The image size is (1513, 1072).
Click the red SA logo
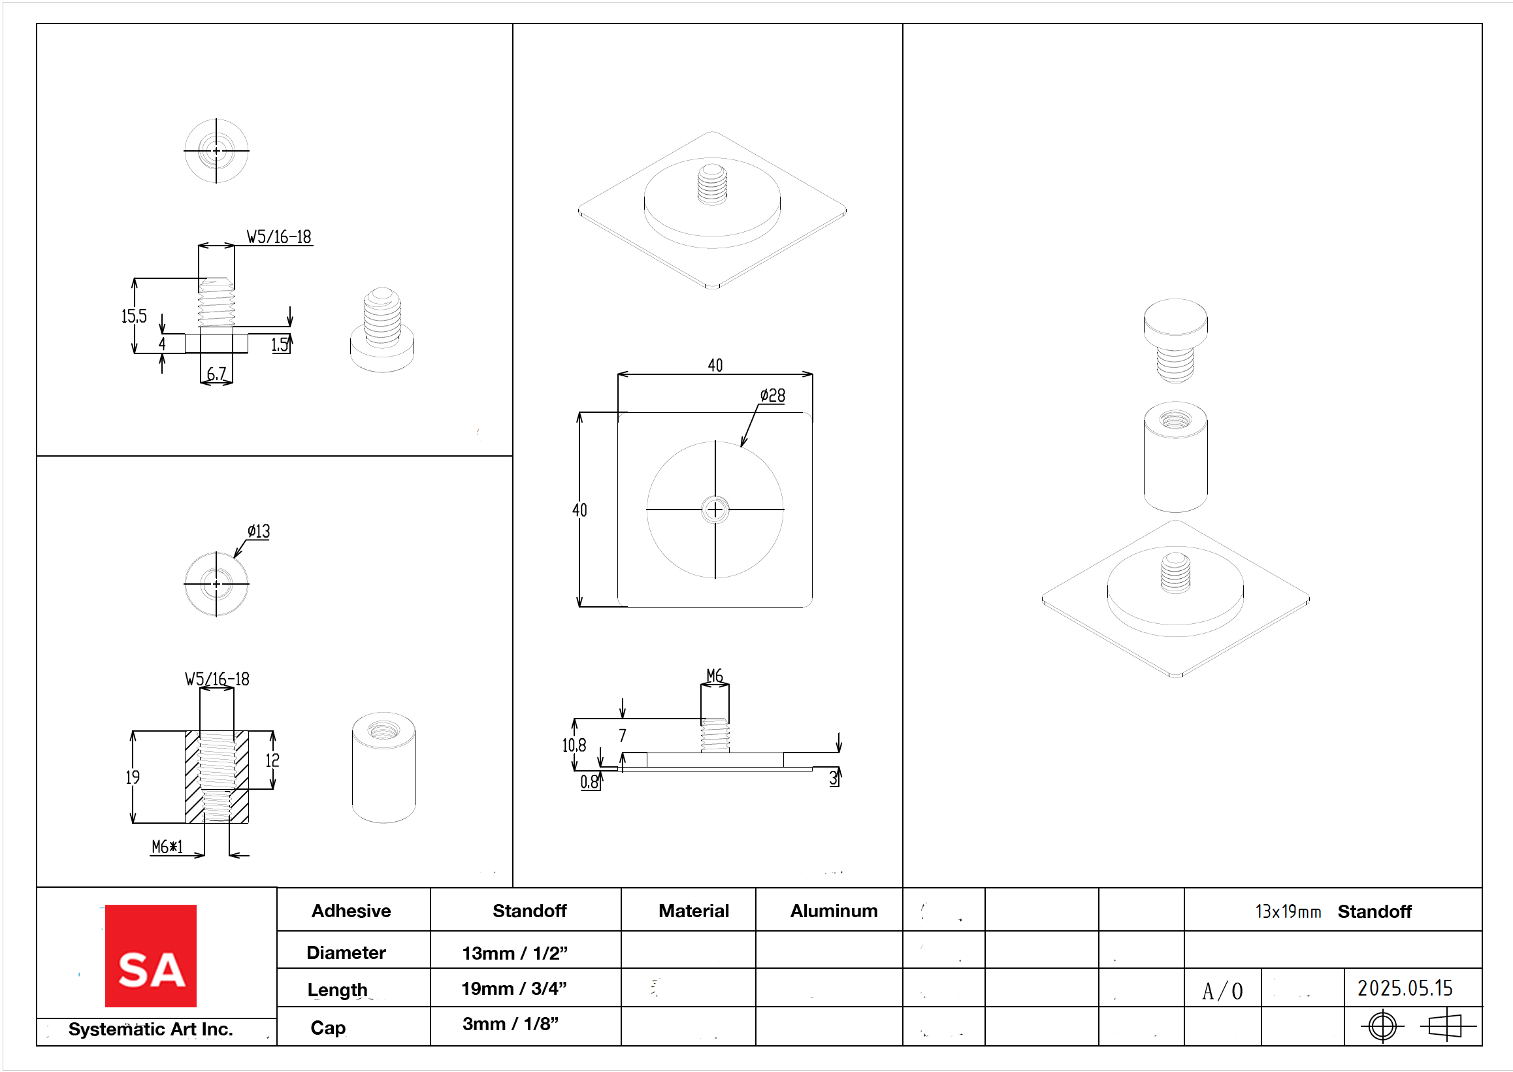[x=150, y=955]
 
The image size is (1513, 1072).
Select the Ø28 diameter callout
[x=772, y=395]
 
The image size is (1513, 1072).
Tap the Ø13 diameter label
[x=259, y=531]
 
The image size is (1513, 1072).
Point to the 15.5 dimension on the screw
[x=133, y=316]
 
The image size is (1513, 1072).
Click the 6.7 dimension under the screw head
[x=216, y=374]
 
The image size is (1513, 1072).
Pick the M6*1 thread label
[x=167, y=846]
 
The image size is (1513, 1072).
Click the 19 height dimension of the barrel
[x=133, y=777]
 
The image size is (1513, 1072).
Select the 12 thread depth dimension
[x=272, y=760]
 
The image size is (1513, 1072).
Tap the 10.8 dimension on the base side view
[x=574, y=745]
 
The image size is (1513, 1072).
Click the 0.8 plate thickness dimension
[x=589, y=782]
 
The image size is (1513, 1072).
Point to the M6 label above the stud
[x=714, y=675]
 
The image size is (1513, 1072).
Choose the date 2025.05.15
[x=1405, y=988]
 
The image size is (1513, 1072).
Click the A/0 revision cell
[x=1222, y=991]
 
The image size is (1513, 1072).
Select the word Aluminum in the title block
[x=834, y=911]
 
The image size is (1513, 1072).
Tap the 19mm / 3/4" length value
[x=513, y=988]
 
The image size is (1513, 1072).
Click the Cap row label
[x=328, y=1028]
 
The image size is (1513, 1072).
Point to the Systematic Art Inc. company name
[x=150, y=1029]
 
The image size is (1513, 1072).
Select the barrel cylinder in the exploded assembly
[x=1175, y=457]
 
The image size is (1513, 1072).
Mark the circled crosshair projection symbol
[x=1382, y=1026]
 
